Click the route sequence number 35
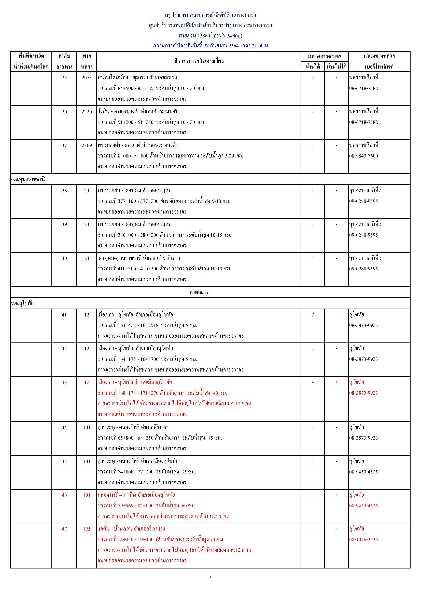[x=64, y=78]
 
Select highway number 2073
[x=87, y=78]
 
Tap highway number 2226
[x=87, y=111]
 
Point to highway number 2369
[x=87, y=145]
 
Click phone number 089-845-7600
[x=363, y=156]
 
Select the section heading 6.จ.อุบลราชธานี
[x=28, y=179]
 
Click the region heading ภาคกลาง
[x=199, y=292]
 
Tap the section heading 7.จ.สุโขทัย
[x=22, y=303]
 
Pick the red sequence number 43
[x=64, y=382]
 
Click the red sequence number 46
[x=64, y=495]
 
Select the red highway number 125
[x=87, y=529]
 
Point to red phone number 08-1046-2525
[x=363, y=539]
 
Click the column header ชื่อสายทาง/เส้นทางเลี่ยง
[x=199, y=61]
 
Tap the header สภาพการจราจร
[x=325, y=56]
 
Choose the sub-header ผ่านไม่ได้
[x=336, y=67]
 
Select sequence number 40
[x=64, y=258]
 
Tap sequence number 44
[x=64, y=427]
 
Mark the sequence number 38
[x=64, y=190]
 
